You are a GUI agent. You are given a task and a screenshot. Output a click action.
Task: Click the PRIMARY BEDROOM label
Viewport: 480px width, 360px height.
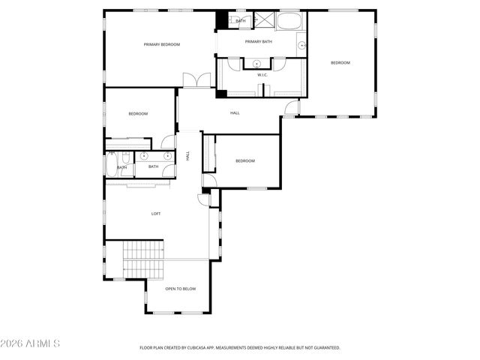(x=162, y=45)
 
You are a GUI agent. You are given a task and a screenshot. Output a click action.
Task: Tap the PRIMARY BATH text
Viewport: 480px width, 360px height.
(x=258, y=42)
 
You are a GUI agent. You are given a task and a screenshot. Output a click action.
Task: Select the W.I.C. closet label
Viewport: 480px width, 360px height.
(x=262, y=75)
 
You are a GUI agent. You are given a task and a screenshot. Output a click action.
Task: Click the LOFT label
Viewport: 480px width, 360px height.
(x=156, y=214)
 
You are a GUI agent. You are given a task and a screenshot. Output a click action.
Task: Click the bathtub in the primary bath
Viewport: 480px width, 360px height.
(x=291, y=20)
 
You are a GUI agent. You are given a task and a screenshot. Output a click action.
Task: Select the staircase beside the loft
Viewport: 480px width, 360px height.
(x=143, y=259)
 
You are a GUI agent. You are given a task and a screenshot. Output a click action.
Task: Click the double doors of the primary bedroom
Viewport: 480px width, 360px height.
(x=196, y=79)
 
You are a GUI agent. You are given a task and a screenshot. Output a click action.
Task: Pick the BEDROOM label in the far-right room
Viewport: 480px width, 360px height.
(x=340, y=63)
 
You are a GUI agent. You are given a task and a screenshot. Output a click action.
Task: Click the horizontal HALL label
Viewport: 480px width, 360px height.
(x=235, y=113)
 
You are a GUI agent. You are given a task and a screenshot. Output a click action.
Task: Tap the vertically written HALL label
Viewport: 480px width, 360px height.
(x=187, y=156)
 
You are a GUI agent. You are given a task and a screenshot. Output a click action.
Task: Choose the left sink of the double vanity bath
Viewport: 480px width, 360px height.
(x=143, y=156)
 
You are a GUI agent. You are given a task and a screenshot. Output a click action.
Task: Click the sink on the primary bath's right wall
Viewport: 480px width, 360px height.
(x=302, y=46)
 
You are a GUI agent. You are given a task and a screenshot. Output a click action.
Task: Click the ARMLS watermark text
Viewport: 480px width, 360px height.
(x=31, y=343)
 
